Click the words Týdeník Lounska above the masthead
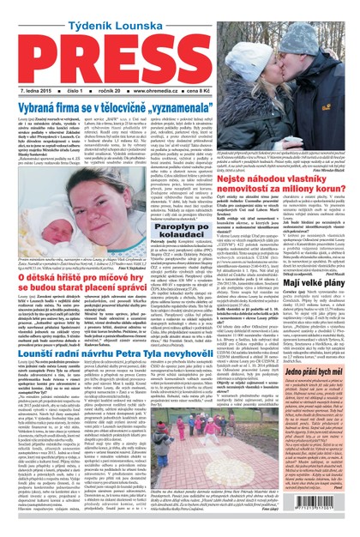[x=179, y=11]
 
